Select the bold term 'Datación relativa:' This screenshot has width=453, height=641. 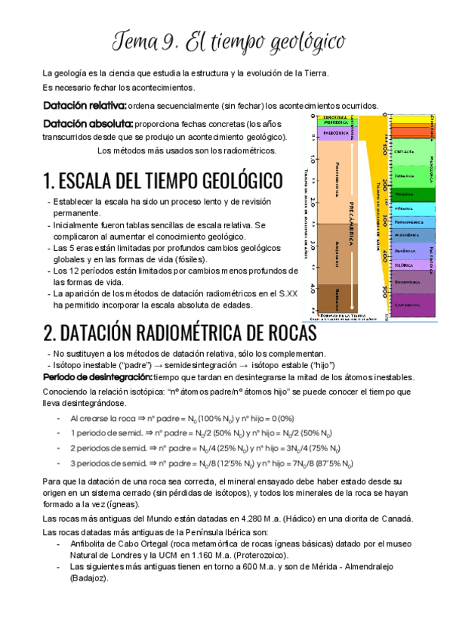tap(85, 106)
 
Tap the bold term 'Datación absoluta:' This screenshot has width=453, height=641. tap(88, 124)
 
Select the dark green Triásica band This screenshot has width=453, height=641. tap(412, 194)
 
